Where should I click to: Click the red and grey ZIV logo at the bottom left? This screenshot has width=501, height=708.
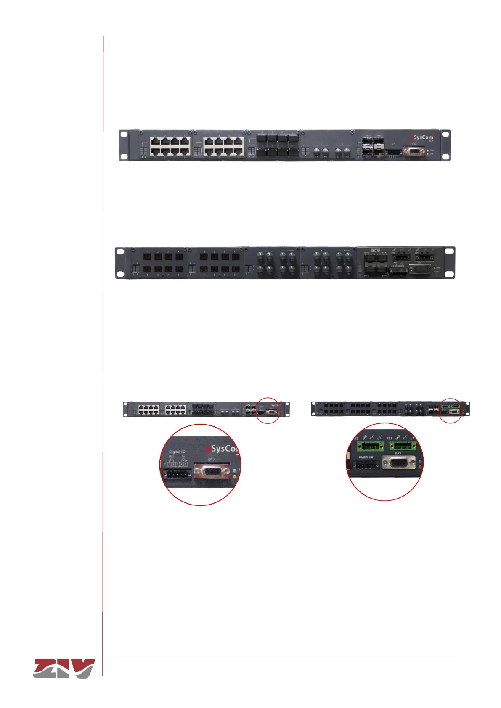point(64,668)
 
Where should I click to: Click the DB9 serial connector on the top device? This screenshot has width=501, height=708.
point(414,151)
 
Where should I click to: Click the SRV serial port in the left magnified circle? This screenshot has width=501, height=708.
point(212,472)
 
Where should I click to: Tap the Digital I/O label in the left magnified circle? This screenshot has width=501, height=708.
point(177,452)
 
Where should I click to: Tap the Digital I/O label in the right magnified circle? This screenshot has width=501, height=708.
point(366,457)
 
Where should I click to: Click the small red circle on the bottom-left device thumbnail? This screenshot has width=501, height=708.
point(268,410)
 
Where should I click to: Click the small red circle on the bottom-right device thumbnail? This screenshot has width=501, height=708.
point(450,410)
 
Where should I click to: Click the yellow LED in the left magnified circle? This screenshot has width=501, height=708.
point(234,477)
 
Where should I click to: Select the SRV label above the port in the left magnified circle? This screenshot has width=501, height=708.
point(211,460)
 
